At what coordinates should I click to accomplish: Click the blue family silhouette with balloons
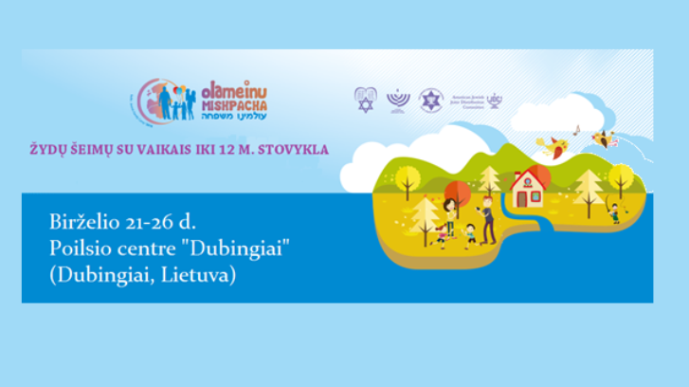click(177, 101)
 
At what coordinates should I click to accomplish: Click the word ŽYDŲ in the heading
click(49, 149)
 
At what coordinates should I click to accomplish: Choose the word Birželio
click(81, 221)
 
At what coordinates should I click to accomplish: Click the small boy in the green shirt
click(471, 233)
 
